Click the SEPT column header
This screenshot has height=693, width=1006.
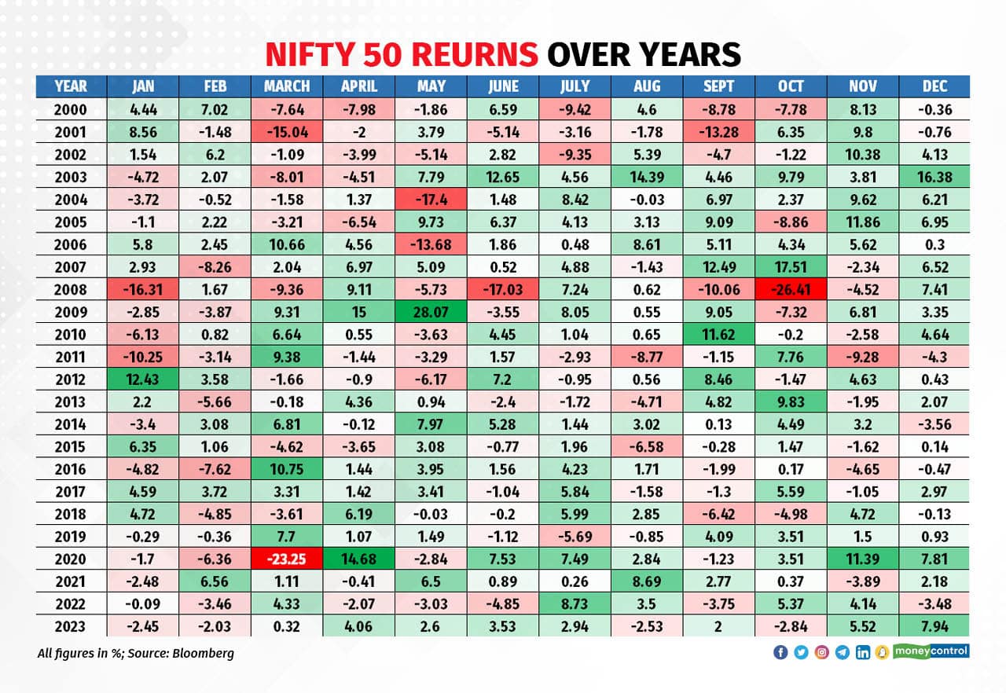tap(718, 86)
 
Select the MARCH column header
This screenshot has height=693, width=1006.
tap(287, 86)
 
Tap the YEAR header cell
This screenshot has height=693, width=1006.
tap(71, 86)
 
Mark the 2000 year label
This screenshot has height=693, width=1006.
tap(71, 110)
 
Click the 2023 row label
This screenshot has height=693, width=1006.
tap(71, 626)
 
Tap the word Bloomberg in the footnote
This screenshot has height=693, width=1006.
tap(204, 653)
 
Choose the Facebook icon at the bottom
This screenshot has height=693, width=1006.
tap(780, 652)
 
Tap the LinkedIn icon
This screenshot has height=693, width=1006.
tap(862, 652)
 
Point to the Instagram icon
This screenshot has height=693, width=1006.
tap(821, 652)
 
